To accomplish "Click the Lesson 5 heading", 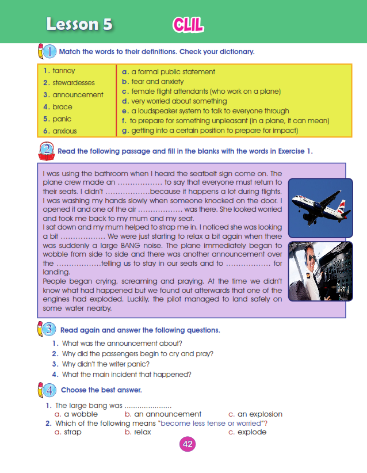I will click(x=79, y=24).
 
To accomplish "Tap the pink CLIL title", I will click(x=188, y=24).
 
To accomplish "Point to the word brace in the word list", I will click(x=62, y=107).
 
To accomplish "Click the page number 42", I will click(x=188, y=444).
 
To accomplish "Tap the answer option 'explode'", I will click(x=252, y=432).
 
